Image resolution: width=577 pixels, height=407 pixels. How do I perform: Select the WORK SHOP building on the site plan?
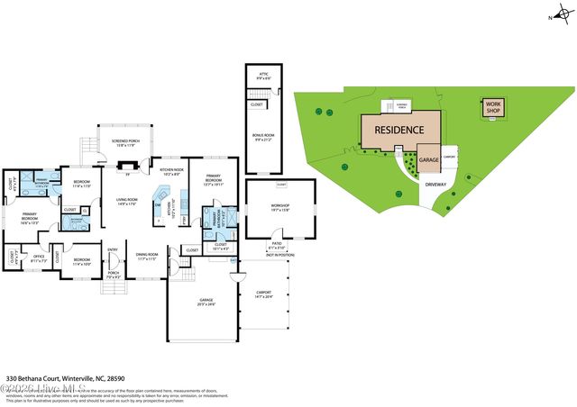coord(493,106)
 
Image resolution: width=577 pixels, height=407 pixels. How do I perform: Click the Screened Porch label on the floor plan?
coord(124,142)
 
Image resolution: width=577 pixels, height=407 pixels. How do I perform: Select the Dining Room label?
coord(146,256)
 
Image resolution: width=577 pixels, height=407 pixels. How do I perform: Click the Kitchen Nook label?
coord(172,171)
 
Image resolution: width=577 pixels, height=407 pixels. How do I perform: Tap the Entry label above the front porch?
coord(113,249)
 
